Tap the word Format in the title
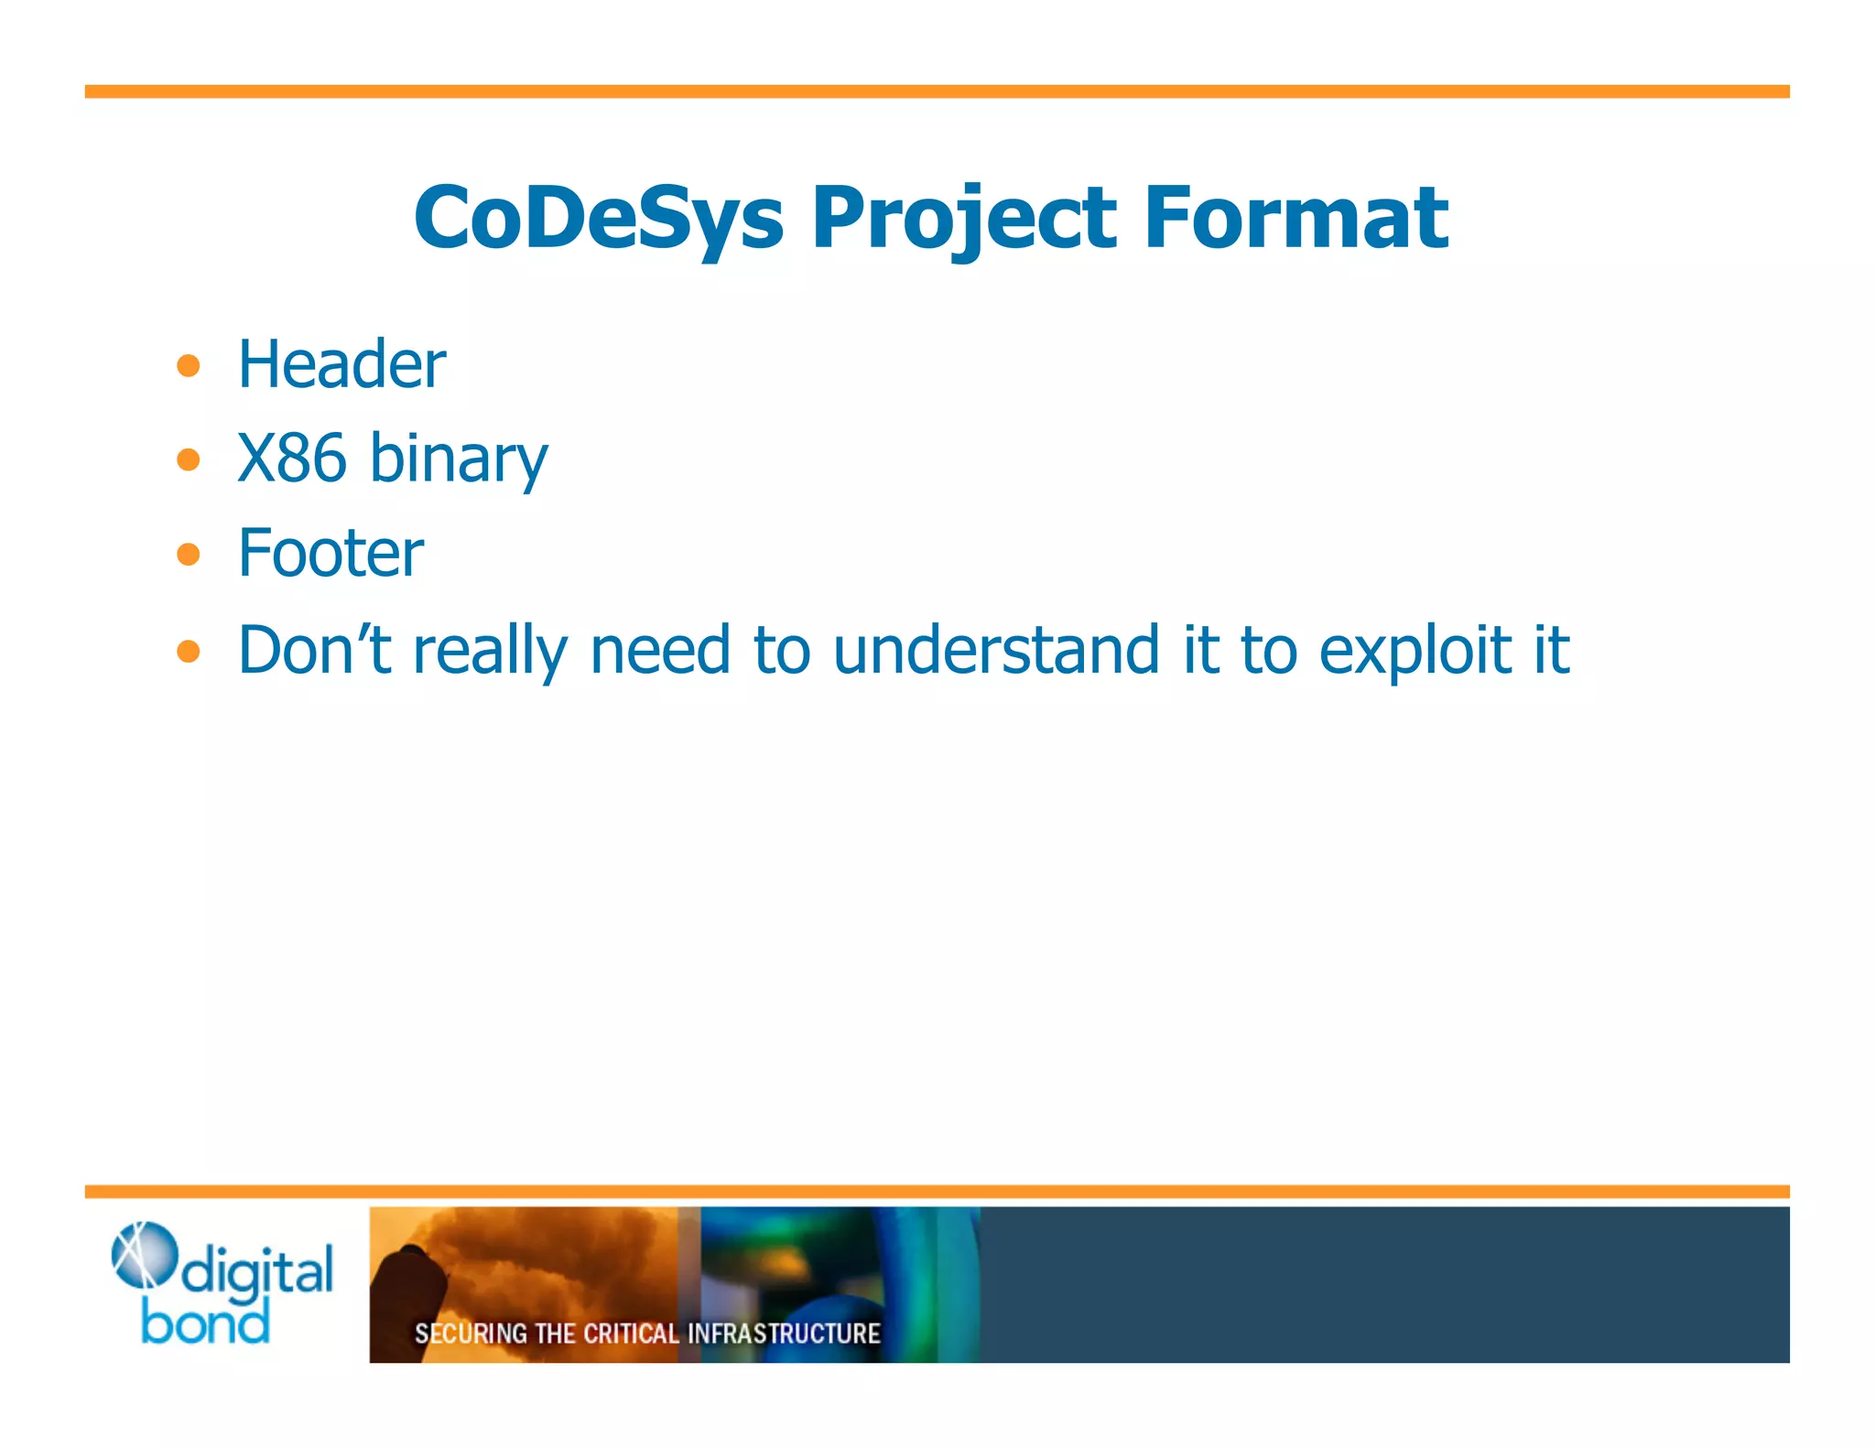[x=1296, y=218]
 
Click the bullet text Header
[x=341, y=364]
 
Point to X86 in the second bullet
[x=291, y=458]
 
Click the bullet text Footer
[x=331, y=553]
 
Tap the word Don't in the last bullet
[x=314, y=650]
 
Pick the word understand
[x=996, y=650]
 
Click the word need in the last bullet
[x=660, y=650]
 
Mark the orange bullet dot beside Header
[x=189, y=366]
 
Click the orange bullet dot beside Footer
[x=189, y=554]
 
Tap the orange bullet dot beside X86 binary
[x=189, y=459]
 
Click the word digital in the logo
[x=257, y=1273]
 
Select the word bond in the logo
[x=205, y=1323]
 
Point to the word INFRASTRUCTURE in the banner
[x=784, y=1334]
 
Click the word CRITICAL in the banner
[x=631, y=1334]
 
